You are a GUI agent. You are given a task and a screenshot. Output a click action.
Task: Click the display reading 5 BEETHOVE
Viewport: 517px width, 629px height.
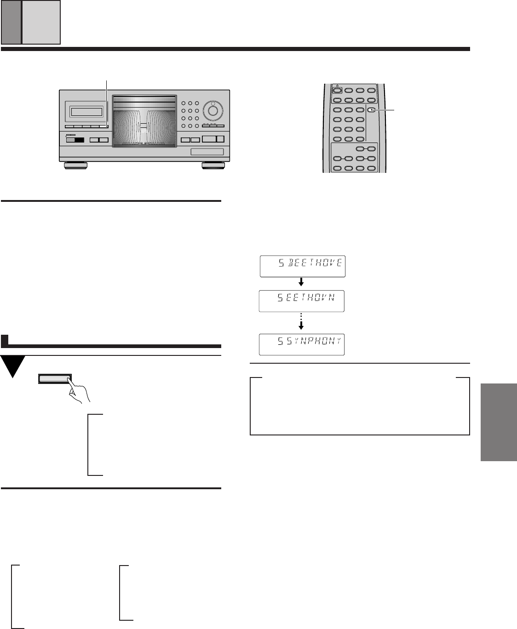(x=302, y=266)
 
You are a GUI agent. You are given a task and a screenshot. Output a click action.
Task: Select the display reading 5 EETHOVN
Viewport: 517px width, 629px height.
(x=301, y=301)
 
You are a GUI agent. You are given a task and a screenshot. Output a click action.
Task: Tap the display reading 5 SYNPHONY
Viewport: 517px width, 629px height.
(x=302, y=344)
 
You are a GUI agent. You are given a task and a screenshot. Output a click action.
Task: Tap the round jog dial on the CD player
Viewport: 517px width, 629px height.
(x=213, y=111)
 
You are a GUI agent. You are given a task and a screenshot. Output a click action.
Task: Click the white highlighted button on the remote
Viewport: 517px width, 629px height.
(x=371, y=110)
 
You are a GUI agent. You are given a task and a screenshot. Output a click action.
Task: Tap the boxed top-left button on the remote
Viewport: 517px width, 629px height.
(x=337, y=91)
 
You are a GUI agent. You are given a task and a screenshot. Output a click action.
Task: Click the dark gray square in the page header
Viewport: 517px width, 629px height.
(x=11, y=22)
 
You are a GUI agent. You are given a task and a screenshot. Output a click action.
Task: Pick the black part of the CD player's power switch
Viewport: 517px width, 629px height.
(x=79, y=140)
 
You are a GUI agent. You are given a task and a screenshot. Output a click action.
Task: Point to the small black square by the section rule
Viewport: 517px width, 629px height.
(x=5, y=341)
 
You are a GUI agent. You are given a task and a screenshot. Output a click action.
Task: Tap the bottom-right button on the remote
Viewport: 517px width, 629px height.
(x=371, y=168)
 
